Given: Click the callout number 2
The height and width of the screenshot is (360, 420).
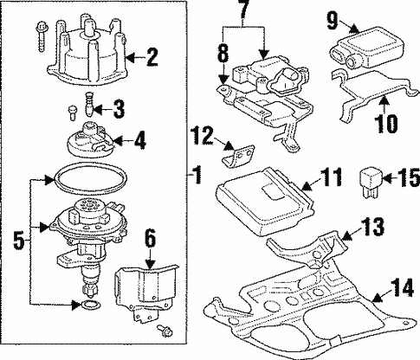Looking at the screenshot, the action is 152,58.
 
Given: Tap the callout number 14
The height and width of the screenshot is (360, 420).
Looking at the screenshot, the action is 402,289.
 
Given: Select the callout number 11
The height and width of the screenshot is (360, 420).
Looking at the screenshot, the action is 331,177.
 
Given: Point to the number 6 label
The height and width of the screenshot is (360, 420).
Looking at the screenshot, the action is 150,239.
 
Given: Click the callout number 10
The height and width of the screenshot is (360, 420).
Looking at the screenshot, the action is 387,124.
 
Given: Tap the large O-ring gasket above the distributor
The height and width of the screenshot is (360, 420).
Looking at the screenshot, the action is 91,178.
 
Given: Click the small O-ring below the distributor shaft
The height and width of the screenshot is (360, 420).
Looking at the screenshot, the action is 90,305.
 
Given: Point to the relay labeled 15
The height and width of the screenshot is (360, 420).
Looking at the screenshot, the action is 371,183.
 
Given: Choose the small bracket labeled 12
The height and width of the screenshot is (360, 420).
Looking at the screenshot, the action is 239,156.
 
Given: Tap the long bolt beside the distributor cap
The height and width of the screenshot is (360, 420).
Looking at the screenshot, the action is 41,36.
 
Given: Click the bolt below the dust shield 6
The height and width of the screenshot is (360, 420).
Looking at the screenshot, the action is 165,331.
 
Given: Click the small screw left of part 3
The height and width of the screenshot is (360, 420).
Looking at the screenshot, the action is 72,112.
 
